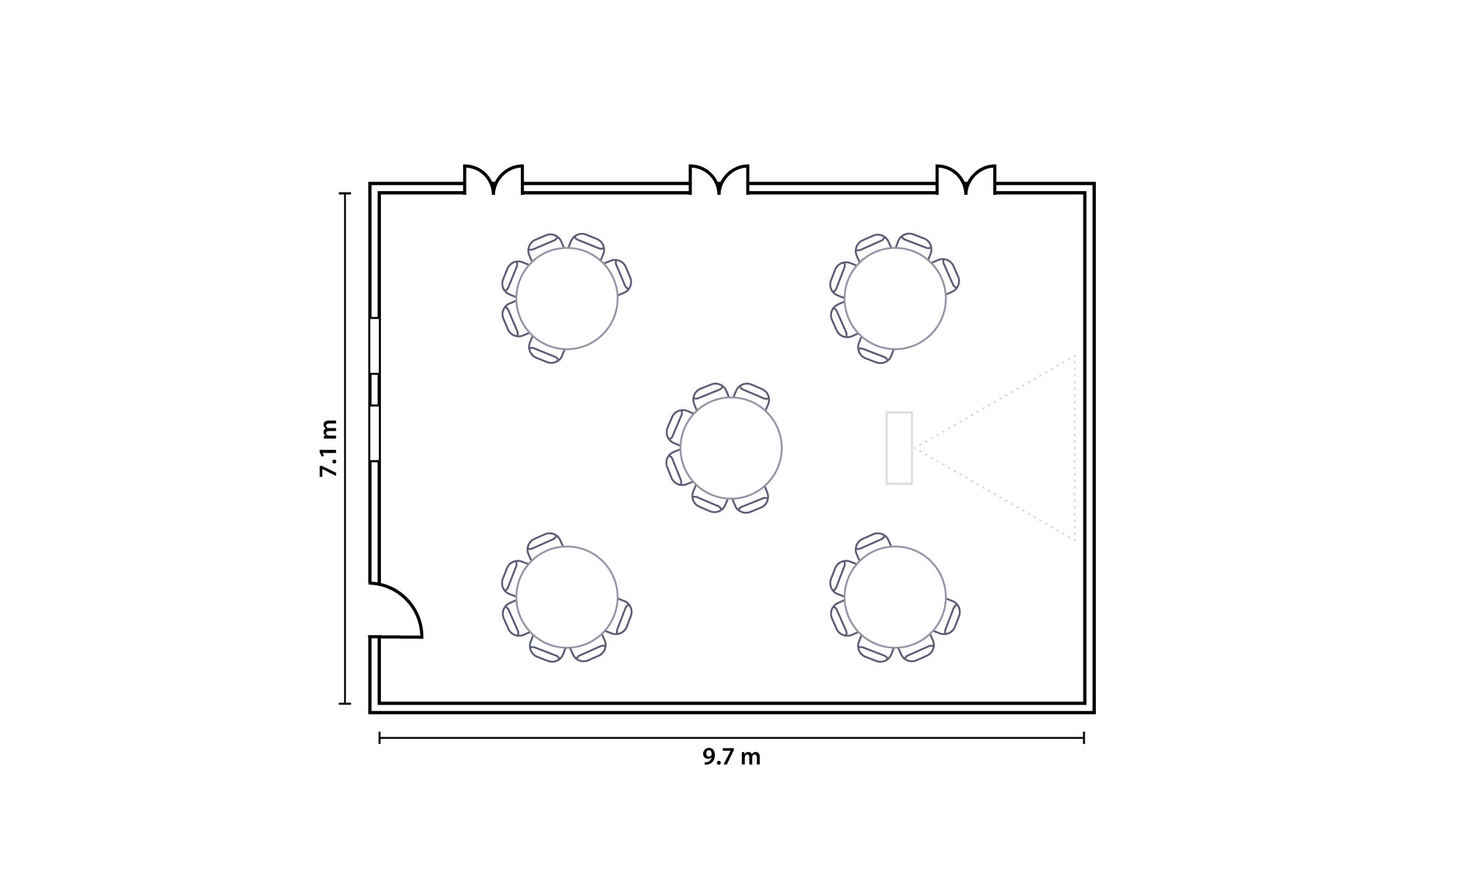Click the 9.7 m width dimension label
coord(732,757)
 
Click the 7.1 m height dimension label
coord(329,448)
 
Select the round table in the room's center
coord(731,447)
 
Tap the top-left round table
coord(567,299)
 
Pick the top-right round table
coord(895,299)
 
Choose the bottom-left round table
coord(567,597)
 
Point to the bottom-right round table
coord(895,597)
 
